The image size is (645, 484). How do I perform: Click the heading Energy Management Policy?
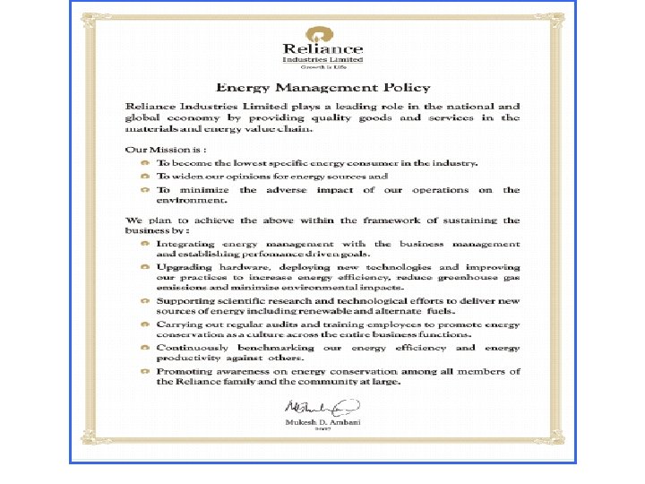tap(322, 87)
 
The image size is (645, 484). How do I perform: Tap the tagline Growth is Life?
tap(322, 67)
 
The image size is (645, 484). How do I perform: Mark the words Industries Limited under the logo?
tap(322, 59)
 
